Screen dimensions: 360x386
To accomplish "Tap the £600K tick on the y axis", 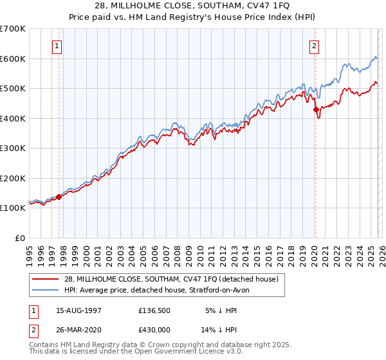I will pos(13,59).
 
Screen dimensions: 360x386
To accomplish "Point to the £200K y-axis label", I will pos(13,178).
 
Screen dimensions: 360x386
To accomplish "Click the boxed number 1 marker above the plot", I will pos(58,46).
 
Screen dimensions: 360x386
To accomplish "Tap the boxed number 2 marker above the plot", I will pos(315,46).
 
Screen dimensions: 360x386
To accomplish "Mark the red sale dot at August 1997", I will pos(59,197).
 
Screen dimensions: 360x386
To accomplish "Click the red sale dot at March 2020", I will pos(316,109).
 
